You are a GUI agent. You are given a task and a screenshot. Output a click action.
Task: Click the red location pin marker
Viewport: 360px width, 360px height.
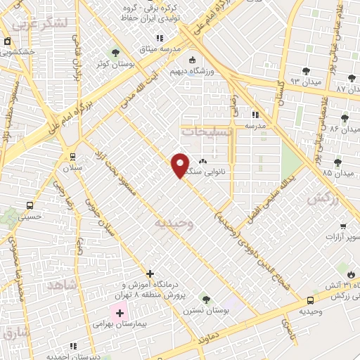point(180,165)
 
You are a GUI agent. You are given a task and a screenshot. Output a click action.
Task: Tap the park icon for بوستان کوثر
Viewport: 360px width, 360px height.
point(116,53)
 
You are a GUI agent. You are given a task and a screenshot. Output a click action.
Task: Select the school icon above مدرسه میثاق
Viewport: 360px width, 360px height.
point(160,38)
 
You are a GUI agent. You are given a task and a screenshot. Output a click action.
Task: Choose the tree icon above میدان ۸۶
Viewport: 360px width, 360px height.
point(345,117)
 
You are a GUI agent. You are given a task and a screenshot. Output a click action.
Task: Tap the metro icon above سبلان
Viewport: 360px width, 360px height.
point(72,156)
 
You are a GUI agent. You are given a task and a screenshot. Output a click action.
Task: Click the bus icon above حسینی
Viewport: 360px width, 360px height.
point(30,205)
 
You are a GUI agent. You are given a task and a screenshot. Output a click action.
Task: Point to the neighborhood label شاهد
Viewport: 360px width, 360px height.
point(60,285)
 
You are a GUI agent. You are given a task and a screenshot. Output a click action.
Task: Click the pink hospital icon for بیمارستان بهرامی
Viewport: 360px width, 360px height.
point(120,311)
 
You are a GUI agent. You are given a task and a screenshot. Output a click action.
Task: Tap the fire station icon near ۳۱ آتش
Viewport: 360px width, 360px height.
point(350,273)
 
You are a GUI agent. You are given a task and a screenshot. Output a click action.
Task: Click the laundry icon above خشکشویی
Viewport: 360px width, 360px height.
point(7,41)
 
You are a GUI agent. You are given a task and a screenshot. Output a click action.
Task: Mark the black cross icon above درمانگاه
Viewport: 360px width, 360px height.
point(150,273)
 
